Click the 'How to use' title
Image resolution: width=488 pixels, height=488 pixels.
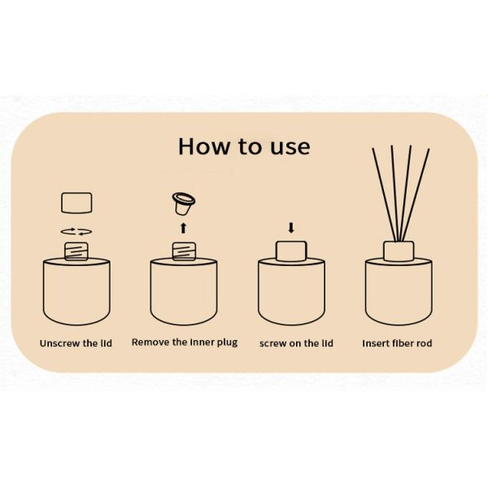click(x=244, y=146)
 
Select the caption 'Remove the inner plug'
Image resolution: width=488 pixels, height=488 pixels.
click(x=185, y=342)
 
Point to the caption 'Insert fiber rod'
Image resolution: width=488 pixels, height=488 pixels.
click(x=397, y=343)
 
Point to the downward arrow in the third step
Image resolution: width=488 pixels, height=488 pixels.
click(x=291, y=227)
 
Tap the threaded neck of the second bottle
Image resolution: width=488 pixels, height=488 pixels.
click(x=184, y=251)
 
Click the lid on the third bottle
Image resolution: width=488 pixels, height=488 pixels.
click(x=291, y=250)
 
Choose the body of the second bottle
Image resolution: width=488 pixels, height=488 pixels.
click(x=184, y=293)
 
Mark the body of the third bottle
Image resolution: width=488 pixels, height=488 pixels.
click(x=291, y=293)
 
